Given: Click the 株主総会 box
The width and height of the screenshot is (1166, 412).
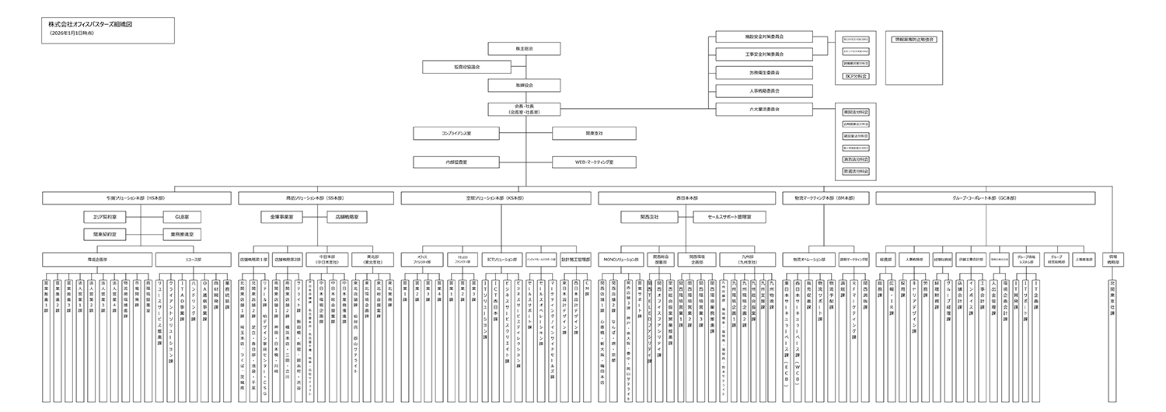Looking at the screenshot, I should click(525, 49).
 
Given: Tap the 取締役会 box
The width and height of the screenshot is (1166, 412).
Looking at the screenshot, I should click(525, 84).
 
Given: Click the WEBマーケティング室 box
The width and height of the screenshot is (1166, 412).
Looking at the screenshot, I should click(594, 162).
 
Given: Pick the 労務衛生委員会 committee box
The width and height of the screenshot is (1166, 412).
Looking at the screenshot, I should click(764, 72).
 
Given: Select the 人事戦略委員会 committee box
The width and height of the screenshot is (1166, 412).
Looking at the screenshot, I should click(764, 90).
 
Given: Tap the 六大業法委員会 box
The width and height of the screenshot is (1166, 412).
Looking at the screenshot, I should click(764, 109).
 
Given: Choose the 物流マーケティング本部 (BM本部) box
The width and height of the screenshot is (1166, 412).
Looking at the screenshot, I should click(824, 199).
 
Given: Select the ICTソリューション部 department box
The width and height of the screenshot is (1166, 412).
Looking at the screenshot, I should click(501, 259).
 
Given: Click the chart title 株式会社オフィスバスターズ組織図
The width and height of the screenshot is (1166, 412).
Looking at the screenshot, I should click(90, 24).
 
